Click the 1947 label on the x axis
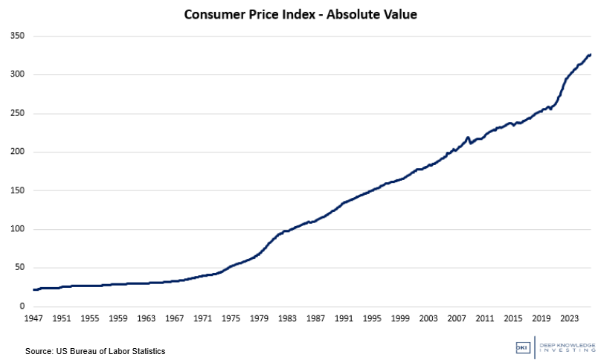pyautogui.click(x=33, y=318)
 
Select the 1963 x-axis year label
pyautogui.click(x=146, y=318)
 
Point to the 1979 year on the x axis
pyautogui.click(x=259, y=318)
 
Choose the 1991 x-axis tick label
pyautogui.click(x=344, y=318)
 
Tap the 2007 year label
pyautogui.click(x=457, y=318)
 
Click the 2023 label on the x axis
pyautogui.click(x=570, y=318)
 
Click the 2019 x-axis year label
pyautogui.click(x=541, y=318)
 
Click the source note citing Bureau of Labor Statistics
pyautogui.click(x=95, y=350)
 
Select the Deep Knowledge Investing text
pyautogui.click(x=567, y=347)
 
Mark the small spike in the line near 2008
pyautogui.click(x=468, y=138)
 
